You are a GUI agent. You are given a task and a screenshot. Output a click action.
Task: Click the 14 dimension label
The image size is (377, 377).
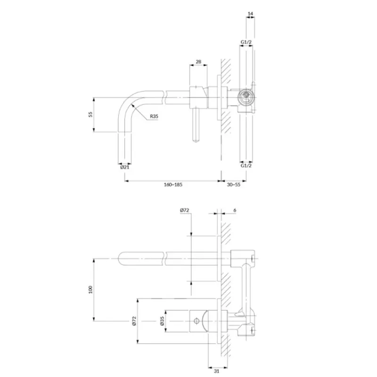250,14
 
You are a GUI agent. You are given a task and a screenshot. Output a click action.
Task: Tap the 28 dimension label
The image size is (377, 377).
198,62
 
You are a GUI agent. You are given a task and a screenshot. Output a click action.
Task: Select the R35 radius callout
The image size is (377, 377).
154,116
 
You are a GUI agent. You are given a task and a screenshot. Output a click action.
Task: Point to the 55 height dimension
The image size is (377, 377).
90,114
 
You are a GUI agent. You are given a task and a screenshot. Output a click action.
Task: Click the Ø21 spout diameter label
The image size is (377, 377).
125,167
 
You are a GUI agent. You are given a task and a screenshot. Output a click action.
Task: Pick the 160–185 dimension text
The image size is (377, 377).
173,185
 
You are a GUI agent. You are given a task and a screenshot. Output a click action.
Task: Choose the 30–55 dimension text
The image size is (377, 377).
234,185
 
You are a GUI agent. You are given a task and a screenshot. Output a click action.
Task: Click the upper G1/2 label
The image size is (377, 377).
246,42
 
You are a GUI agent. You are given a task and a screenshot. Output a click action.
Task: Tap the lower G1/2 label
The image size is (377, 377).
246,166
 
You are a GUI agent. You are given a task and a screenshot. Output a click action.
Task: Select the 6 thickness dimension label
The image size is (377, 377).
235,210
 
